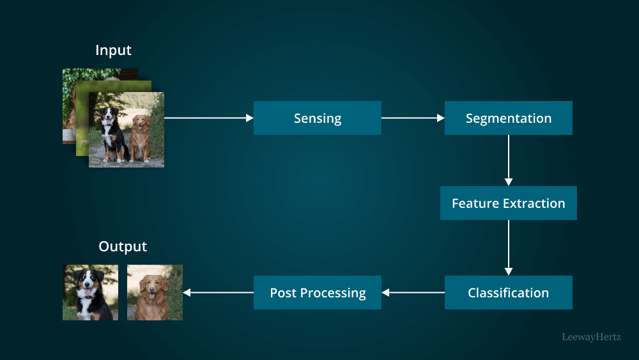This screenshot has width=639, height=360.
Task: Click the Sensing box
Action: click(317, 118)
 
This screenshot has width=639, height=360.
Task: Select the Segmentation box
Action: click(508, 118)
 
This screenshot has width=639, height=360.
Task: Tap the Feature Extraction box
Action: click(508, 203)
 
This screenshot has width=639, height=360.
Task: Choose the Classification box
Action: click(508, 293)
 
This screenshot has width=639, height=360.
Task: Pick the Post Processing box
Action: click(317, 293)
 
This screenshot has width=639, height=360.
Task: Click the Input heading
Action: click(113, 50)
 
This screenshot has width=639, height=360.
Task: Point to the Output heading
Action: click(123, 246)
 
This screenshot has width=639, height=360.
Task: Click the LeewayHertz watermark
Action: click(591, 336)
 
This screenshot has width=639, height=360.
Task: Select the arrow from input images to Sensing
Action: click(208, 118)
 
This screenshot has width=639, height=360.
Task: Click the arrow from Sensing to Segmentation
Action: click(413, 118)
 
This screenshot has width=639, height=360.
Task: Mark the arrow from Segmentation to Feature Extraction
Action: click(509, 160)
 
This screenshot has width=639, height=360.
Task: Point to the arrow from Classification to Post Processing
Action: click(413, 293)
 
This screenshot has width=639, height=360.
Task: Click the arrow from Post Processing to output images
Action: click(218, 293)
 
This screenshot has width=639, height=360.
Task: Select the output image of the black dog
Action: click(90, 292)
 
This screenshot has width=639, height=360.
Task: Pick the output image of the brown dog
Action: click(155, 292)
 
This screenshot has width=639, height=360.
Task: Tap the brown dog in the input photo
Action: click(141, 137)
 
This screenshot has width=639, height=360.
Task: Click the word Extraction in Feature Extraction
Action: click(534, 203)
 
